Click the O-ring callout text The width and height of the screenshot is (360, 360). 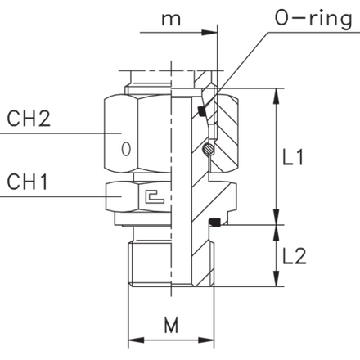[313, 19]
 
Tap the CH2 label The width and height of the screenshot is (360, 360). [29, 119]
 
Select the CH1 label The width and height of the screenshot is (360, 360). [27, 182]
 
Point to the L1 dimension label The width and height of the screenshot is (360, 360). [293, 157]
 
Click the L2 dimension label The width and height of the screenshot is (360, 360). [295, 256]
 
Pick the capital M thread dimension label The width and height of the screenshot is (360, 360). [171, 325]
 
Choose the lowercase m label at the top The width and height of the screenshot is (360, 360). [171, 20]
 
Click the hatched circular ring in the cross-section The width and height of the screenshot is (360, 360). [209, 149]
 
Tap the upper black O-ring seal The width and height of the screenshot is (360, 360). [201, 110]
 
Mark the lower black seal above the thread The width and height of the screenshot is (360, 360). [214, 223]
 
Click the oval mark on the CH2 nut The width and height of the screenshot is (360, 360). [126, 149]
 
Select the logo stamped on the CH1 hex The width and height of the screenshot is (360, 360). [155, 196]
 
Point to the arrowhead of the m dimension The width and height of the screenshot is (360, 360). [209, 33]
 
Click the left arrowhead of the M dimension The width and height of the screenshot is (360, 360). [136, 340]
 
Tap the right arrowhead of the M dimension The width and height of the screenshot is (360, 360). [206, 340]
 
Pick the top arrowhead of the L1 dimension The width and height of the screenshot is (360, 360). [277, 97]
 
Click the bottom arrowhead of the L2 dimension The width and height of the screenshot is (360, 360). [277, 278]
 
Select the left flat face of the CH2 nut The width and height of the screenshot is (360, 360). [121, 133]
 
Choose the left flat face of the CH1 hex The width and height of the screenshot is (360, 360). [122, 197]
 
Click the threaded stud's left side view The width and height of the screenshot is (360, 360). [150, 263]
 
